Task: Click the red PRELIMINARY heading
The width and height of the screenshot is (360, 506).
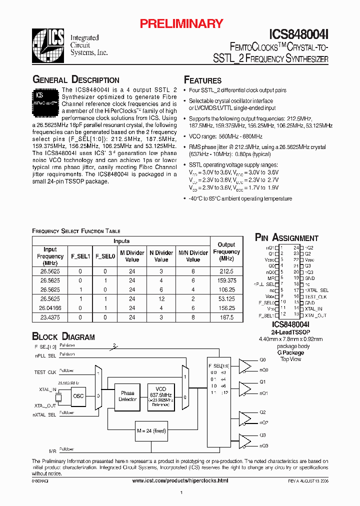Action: point(181,23)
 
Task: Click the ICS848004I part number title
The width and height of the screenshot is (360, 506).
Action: point(298,34)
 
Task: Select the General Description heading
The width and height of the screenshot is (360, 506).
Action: point(75,80)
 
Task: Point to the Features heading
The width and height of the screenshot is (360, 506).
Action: point(202,80)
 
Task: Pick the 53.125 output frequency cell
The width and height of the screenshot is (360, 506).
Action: point(226,299)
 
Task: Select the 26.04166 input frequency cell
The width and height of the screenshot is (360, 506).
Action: point(50,308)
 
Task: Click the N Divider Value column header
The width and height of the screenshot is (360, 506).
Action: point(161,256)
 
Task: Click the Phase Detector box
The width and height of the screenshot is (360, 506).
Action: point(127,396)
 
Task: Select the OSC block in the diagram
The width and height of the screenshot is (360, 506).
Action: point(79,396)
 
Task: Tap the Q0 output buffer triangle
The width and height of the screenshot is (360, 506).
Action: point(245,365)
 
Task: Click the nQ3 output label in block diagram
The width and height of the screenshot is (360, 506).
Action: point(264,445)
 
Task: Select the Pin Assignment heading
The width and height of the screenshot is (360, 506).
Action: point(286,238)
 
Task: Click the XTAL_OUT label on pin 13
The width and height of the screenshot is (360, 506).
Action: point(316,315)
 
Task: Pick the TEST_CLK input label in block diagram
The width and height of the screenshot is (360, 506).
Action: point(45,372)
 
